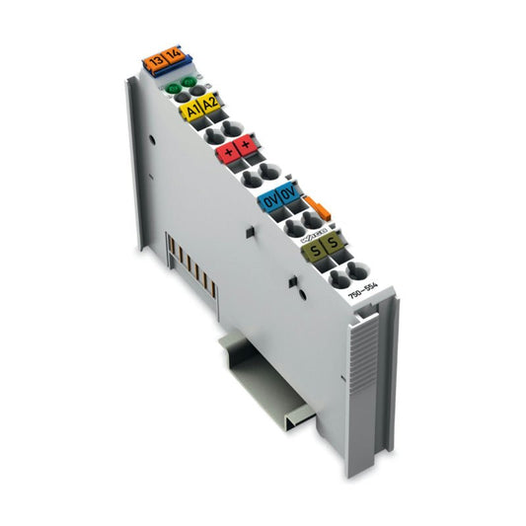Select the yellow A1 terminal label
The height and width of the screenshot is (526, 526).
pos(195,110)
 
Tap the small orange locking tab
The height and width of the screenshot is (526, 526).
pos(317,206)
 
